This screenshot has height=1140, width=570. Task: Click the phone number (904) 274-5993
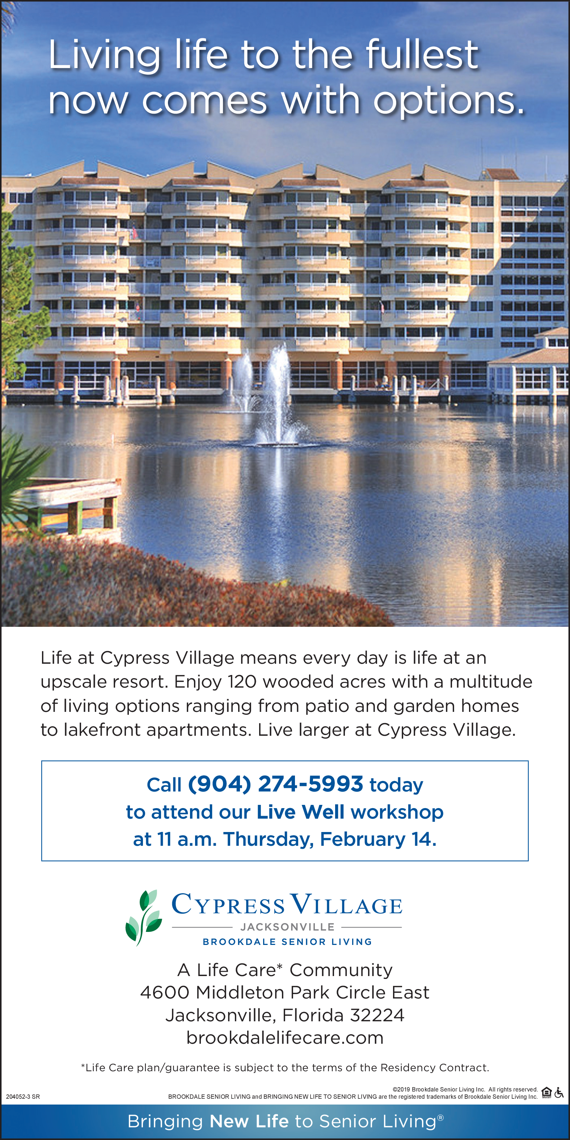pyautogui.click(x=275, y=784)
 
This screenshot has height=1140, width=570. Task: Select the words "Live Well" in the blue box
pyautogui.click(x=300, y=812)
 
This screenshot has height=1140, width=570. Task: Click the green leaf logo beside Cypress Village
pyautogui.click(x=144, y=917)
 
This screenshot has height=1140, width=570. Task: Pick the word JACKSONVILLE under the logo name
pyautogui.click(x=287, y=927)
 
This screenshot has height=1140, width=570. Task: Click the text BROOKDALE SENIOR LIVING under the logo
pyautogui.click(x=287, y=942)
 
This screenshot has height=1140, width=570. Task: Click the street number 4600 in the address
pyautogui.click(x=165, y=993)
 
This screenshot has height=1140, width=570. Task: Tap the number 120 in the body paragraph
pyautogui.click(x=242, y=682)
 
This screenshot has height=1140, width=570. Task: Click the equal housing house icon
pyautogui.click(x=546, y=1093)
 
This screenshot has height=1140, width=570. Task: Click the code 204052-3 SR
pyautogui.click(x=23, y=1097)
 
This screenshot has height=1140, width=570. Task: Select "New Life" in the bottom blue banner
pyautogui.click(x=249, y=1122)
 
